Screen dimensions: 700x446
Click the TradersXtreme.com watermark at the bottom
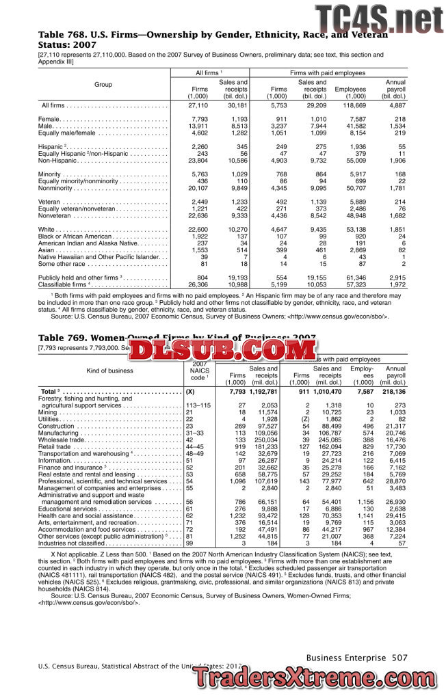pyautogui.click(x=318, y=679)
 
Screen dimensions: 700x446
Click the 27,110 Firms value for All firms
pyautogui.click(x=198, y=105)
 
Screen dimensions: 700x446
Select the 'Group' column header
pyautogui.click(x=103, y=85)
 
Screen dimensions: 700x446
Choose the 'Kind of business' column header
pyautogui.click(x=109, y=371)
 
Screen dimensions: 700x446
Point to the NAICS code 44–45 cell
pyautogui.click(x=195, y=448)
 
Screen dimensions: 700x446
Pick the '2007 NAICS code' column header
pyautogui.click(x=198, y=371)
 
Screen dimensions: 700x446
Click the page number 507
pyautogui.click(x=399, y=658)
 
